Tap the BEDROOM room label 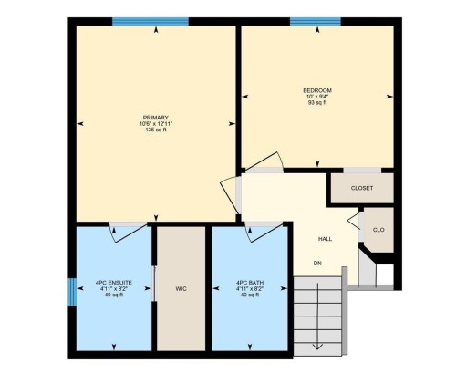click(317, 90)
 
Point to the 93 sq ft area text click(317, 103)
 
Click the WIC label click(181, 289)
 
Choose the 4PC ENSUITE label click(114, 283)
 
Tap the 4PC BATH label click(249, 283)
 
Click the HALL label click(325, 239)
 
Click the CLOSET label click(362, 188)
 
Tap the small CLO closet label click(378, 230)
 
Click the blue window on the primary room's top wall click(150, 22)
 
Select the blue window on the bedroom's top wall click(316, 22)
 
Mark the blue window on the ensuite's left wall click(71, 292)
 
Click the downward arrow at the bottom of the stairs click(316, 345)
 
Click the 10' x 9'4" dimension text click(317, 97)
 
